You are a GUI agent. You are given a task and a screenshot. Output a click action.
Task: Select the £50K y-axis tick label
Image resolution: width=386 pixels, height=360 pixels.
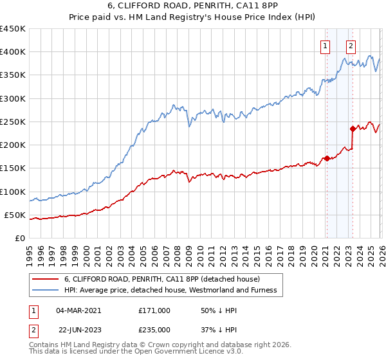(15, 215)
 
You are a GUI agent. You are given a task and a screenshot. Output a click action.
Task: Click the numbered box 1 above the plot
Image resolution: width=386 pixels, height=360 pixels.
(326, 46)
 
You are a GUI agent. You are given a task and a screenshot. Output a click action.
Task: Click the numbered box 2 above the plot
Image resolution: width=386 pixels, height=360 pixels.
(351, 46)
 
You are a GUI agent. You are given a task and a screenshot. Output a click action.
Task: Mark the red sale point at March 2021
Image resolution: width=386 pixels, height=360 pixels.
(326, 158)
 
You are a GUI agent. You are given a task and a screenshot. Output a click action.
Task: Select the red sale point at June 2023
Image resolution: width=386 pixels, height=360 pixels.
(353, 129)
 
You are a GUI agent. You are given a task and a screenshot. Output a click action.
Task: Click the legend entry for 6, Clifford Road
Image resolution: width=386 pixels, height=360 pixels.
(161, 279)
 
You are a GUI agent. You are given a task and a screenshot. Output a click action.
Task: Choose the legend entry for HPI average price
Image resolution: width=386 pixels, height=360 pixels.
(170, 291)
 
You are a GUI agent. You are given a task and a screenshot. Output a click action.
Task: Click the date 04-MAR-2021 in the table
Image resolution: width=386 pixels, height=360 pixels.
(78, 310)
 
